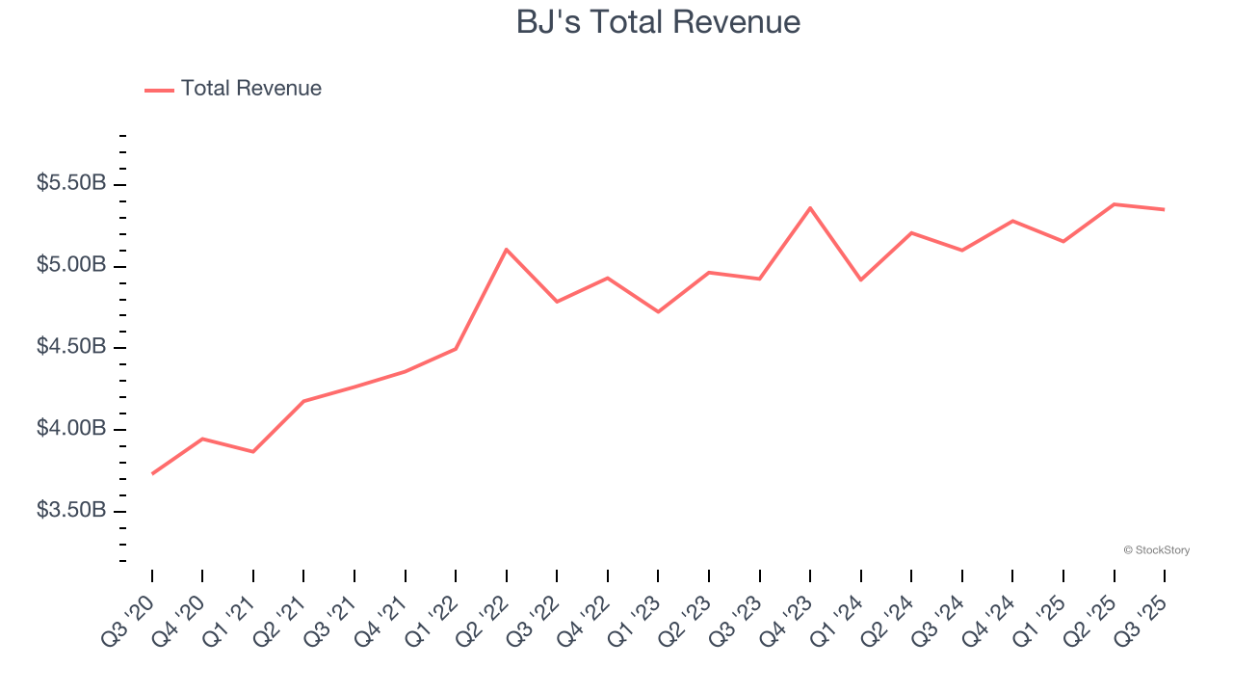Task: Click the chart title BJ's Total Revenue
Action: [658, 22]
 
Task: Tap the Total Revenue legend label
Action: [250, 89]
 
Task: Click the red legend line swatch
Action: [159, 90]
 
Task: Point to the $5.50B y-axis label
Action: [71, 183]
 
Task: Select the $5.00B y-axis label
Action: [71, 265]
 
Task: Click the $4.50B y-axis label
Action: [71, 347]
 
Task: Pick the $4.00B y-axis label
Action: [71, 428]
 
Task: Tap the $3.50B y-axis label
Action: [71, 510]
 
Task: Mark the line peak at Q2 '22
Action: [507, 250]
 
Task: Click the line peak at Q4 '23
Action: [810, 208]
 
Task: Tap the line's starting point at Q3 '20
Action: [152, 473]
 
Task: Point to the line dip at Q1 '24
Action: [860, 280]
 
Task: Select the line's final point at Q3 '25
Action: [1164, 209]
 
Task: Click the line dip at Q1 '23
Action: [658, 311]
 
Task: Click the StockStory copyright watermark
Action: [1156, 550]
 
